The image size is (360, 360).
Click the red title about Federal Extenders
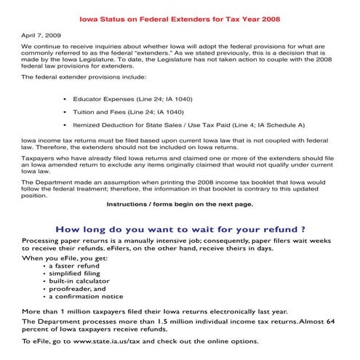point(179,17)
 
